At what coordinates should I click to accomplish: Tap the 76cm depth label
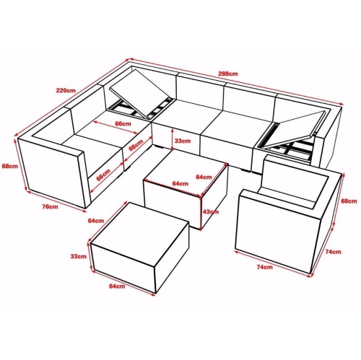(x=49, y=207)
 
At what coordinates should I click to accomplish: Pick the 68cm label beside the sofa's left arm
(x=9, y=166)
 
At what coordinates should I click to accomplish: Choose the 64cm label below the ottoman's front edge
(x=117, y=287)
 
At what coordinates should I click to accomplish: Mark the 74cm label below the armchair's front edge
(x=264, y=268)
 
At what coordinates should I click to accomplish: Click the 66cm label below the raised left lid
(x=123, y=124)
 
